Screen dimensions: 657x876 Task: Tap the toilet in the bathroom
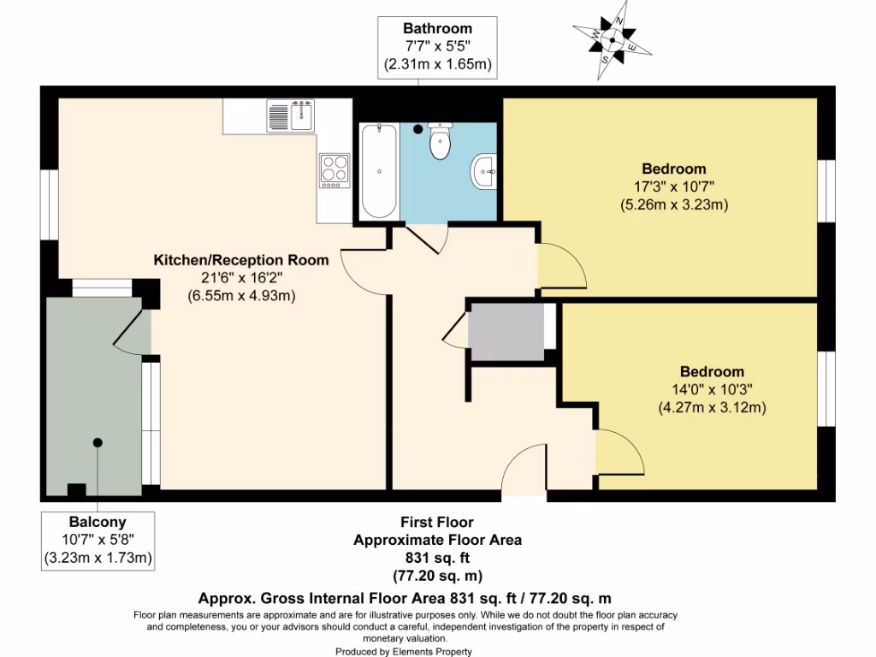pyautogui.click(x=441, y=143)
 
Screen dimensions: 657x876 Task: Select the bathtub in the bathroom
pyautogui.click(x=378, y=171)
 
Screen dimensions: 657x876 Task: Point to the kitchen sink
pyautogui.click(x=291, y=115)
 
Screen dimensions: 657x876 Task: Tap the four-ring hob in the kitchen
pyautogui.click(x=334, y=169)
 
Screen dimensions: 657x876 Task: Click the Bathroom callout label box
pyautogui.click(x=437, y=46)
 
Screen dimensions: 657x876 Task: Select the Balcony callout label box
pyautogui.click(x=98, y=541)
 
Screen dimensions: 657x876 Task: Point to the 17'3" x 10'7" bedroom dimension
pyautogui.click(x=673, y=186)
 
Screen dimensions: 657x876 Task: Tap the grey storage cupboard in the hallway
pyautogui.click(x=506, y=330)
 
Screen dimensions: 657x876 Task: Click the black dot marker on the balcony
pyautogui.click(x=98, y=442)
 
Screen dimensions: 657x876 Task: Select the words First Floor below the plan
pyautogui.click(x=437, y=522)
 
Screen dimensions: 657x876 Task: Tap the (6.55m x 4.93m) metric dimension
pyautogui.click(x=241, y=296)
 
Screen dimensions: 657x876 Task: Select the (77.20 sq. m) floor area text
pyautogui.click(x=437, y=575)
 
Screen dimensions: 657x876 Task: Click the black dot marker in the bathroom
pyautogui.click(x=418, y=129)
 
